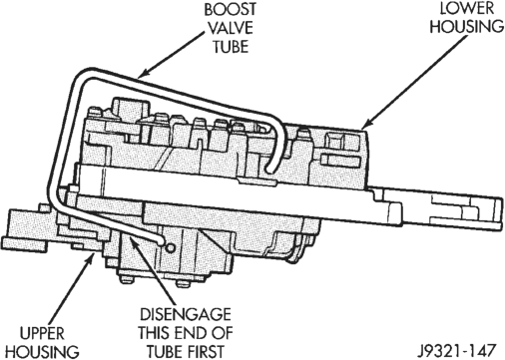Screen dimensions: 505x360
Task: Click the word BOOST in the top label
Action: [231, 9]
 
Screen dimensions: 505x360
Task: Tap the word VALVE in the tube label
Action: [231, 28]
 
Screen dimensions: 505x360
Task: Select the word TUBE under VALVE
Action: [231, 46]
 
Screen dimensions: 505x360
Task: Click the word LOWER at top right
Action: [467, 9]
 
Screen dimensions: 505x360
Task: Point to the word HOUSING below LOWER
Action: [467, 27]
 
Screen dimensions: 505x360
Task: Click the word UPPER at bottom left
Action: [42, 333]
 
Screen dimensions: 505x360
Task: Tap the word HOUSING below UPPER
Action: [43, 352]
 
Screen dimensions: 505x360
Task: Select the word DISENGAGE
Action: [186, 314]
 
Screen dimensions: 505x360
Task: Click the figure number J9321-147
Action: [457, 351]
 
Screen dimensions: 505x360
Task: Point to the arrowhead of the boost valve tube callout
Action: [142, 75]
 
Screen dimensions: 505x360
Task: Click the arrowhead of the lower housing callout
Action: [365, 125]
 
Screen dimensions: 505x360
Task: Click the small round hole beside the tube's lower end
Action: [170, 248]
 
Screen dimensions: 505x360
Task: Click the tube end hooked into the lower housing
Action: [269, 171]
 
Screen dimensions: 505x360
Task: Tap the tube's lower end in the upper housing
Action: [161, 242]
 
